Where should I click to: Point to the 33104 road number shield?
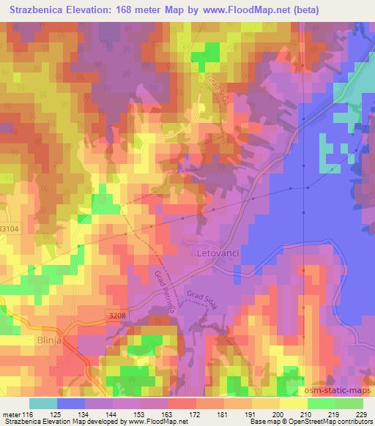click(x=9, y=229)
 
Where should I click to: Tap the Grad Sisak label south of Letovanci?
click(x=202, y=298)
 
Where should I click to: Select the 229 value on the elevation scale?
click(x=360, y=414)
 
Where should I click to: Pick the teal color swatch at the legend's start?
click(x=42, y=403)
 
